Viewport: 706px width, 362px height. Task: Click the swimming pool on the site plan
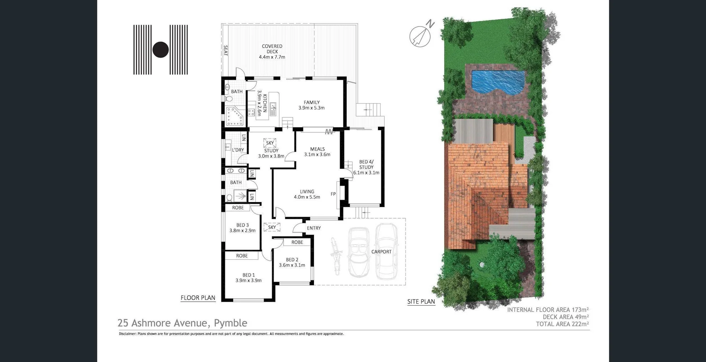tap(498, 82)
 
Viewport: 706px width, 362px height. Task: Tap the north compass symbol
tap(420, 36)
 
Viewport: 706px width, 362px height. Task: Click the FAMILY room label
tap(311, 102)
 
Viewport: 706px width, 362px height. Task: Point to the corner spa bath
tap(235, 116)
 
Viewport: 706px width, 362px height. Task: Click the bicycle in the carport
tap(336, 256)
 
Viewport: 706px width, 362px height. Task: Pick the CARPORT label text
tap(381, 252)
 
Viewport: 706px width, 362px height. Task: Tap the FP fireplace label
tap(333, 194)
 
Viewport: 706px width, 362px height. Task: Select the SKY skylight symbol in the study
tap(270, 143)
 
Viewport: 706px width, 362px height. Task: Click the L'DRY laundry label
tap(238, 150)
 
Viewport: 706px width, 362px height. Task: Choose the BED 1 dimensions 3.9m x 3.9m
tap(249, 280)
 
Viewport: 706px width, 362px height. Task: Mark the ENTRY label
tap(314, 228)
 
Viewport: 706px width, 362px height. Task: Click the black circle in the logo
tap(161, 50)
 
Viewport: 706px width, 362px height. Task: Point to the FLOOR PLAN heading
tap(198, 298)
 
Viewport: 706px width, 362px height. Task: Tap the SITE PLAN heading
tap(421, 302)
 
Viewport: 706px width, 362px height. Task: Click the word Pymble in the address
tap(231, 323)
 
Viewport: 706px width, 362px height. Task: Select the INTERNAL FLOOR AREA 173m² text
tap(548, 310)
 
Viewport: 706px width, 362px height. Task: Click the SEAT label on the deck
tap(226, 50)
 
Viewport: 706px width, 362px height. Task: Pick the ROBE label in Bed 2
tap(297, 242)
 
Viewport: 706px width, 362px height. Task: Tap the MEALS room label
tap(317, 149)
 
